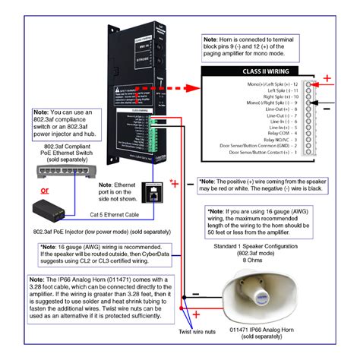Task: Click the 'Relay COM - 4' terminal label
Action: pos(282,134)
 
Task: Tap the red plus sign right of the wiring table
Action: pos(327,78)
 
